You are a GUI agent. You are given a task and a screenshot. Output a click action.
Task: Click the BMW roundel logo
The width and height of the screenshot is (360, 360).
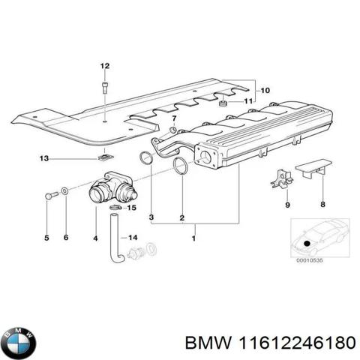(18, 344)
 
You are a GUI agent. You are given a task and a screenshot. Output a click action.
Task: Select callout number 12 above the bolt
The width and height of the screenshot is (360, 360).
(105, 66)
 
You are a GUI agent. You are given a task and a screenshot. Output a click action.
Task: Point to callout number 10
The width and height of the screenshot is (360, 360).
(263, 91)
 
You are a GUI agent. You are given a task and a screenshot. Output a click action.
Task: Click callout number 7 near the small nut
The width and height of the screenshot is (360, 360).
(174, 118)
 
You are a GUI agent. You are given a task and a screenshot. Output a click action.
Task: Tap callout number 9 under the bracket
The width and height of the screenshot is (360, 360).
(286, 205)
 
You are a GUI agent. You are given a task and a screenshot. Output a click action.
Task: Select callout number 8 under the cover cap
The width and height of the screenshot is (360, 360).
(323, 205)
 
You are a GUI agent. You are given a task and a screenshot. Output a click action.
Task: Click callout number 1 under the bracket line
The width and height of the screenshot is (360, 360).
(194, 239)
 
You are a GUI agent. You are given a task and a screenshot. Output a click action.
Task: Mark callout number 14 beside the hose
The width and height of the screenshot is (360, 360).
(134, 238)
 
